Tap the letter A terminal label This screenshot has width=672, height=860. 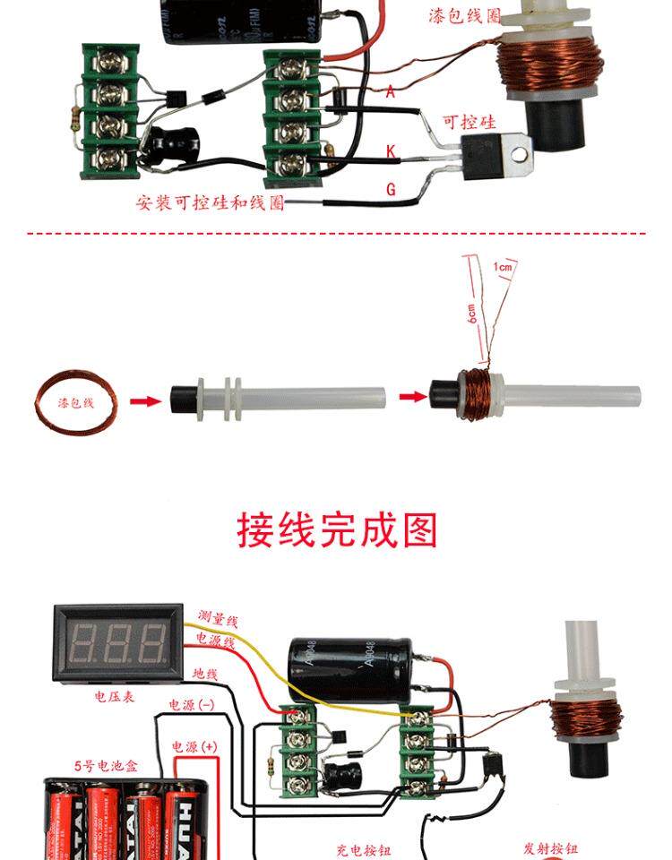[x=390, y=90]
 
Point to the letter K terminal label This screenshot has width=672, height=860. [x=391, y=151]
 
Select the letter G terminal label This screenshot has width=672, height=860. [x=391, y=189]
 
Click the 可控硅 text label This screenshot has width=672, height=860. [x=469, y=122]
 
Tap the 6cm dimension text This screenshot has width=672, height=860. [x=471, y=314]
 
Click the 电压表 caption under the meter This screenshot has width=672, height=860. [x=115, y=695]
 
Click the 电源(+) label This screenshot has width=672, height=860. [x=194, y=745]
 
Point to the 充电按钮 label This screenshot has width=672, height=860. [x=364, y=849]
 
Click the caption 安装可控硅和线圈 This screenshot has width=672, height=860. [x=211, y=202]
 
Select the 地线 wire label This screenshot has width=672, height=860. [x=207, y=672]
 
